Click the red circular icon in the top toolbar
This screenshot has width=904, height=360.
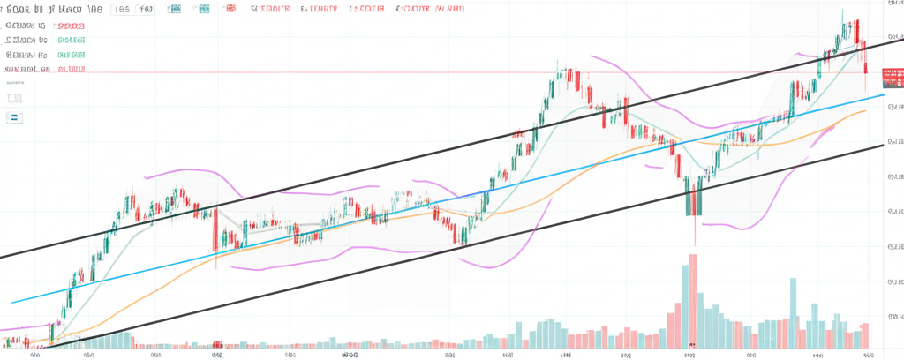point(232,10)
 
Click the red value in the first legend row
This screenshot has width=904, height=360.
point(72,26)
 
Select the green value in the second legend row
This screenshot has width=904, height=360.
point(72,40)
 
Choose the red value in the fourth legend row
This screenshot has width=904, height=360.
point(72,68)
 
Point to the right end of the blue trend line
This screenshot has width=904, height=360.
point(883,94)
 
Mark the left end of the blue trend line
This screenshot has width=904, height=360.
point(12,303)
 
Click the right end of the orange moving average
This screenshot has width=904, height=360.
point(865,111)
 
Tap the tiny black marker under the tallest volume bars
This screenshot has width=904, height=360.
point(692,345)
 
